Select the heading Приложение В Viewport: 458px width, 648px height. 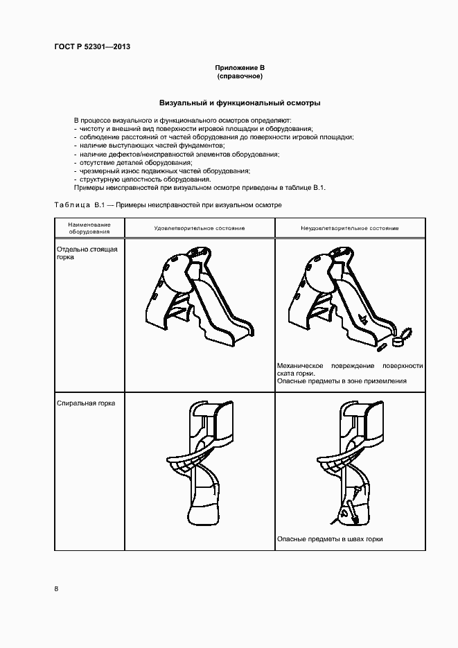[x=239, y=67]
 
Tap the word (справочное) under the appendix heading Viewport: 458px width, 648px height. [x=239, y=76]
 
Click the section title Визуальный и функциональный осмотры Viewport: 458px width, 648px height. [x=239, y=103]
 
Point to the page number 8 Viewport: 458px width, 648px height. [x=56, y=588]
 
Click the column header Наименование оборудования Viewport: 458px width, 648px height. [x=89, y=228]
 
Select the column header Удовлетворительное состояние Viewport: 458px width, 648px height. [x=199, y=228]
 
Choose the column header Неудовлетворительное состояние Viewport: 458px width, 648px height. [x=349, y=228]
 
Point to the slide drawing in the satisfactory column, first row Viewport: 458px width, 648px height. [x=197, y=299]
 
